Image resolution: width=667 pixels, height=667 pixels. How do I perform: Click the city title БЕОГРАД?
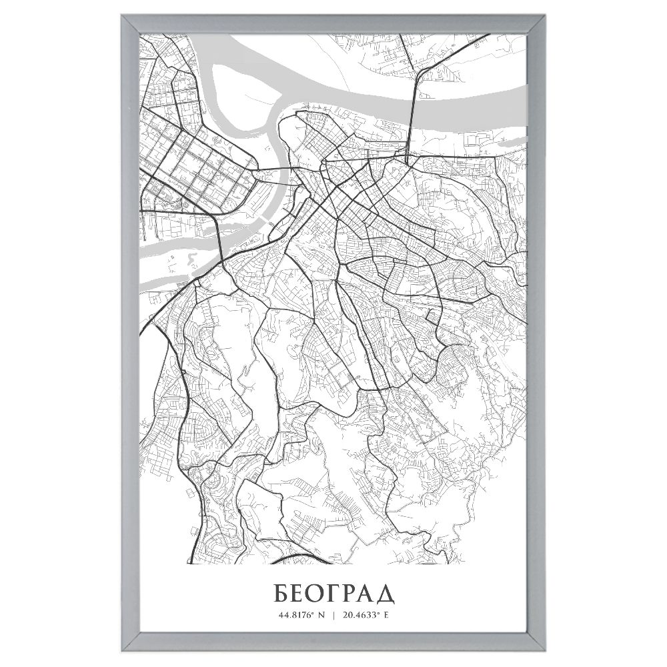pyautogui.click(x=333, y=592)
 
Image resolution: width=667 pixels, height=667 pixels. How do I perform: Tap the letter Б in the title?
pyautogui.click(x=281, y=592)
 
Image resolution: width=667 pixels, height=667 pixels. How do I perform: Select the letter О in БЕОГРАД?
pyautogui.click(x=314, y=592)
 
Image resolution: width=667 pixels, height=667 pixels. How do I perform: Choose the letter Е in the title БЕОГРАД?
pyautogui.click(x=297, y=592)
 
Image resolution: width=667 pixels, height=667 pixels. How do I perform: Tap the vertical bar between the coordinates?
pyautogui.click(x=333, y=614)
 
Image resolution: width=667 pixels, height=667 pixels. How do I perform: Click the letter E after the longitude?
pyautogui.click(x=386, y=614)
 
